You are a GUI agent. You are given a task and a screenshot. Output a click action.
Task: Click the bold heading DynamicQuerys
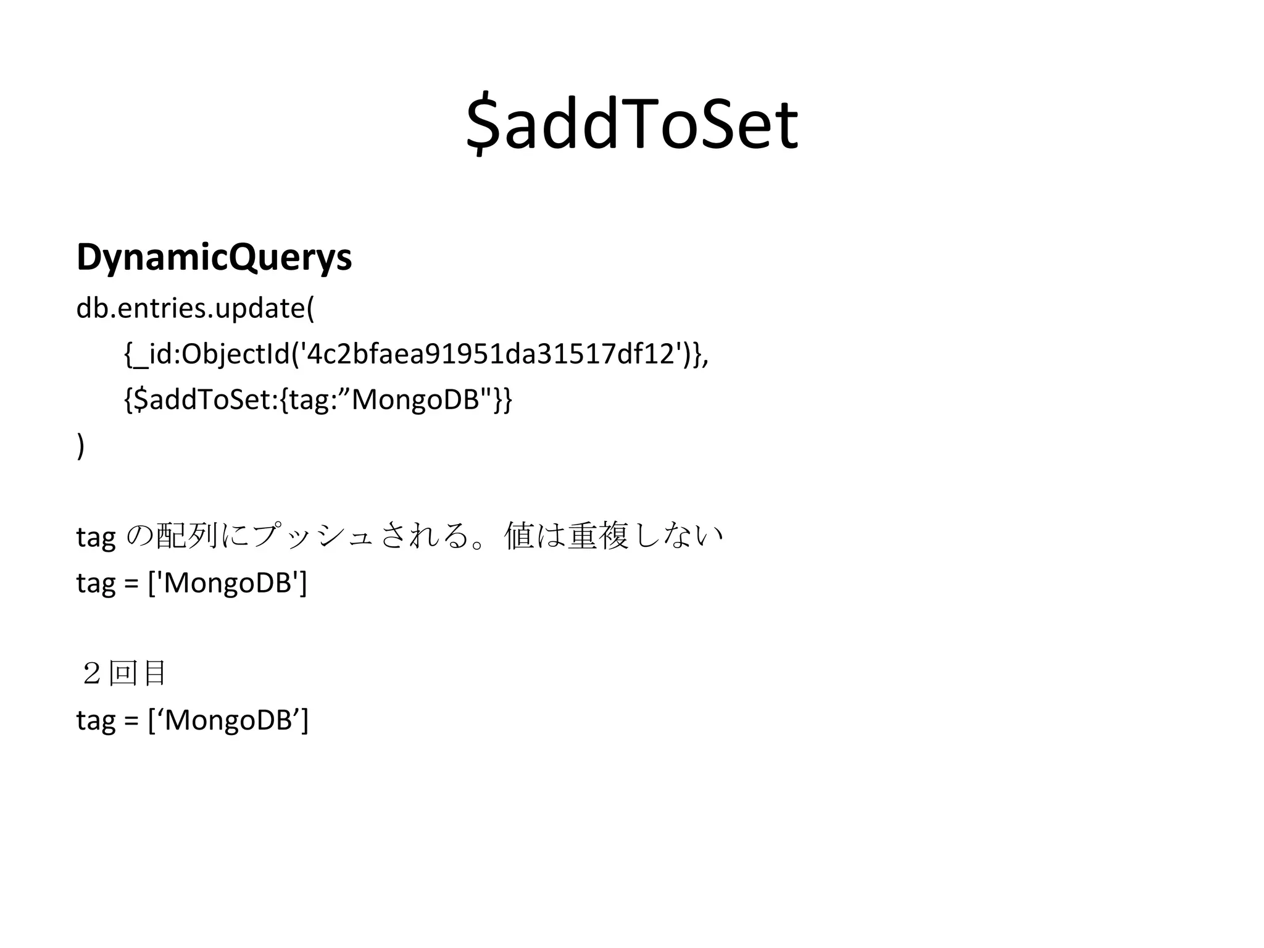pos(214,257)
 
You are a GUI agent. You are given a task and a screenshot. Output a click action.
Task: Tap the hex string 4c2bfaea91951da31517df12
pos(490,354)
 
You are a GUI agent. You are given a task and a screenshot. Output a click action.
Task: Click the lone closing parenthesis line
pos(81,446)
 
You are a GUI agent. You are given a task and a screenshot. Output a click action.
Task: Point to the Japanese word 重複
pos(597,536)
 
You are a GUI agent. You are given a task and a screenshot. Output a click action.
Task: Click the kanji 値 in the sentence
pos(519,536)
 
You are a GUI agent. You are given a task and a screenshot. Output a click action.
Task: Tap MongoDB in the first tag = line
pos(227,583)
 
